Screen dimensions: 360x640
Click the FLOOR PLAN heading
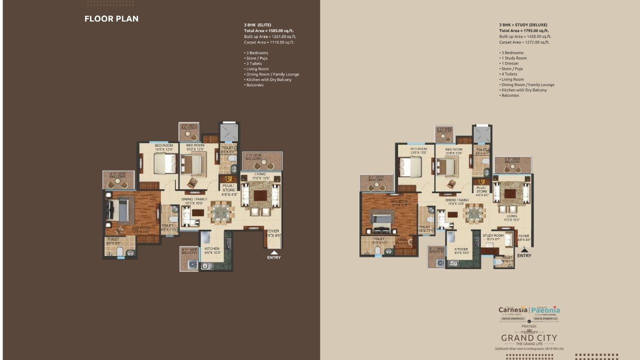(111, 19)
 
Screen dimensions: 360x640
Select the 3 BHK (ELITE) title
(257, 24)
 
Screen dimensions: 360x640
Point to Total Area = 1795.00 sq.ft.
(523, 30)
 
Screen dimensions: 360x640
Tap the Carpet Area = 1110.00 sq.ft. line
(269, 42)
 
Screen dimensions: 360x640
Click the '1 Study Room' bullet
(513, 58)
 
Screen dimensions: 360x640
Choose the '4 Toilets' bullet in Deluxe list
(509, 74)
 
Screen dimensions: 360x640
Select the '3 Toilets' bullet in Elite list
(254, 63)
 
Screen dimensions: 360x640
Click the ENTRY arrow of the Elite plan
(273, 252)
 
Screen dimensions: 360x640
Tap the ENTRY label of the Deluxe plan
(524, 255)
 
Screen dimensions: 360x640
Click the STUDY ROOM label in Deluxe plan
(492, 235)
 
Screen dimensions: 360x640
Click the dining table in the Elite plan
(220, 212)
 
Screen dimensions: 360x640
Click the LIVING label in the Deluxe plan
(511, 216)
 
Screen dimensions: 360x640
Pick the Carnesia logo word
(512, 309)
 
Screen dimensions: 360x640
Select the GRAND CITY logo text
(529, 338)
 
